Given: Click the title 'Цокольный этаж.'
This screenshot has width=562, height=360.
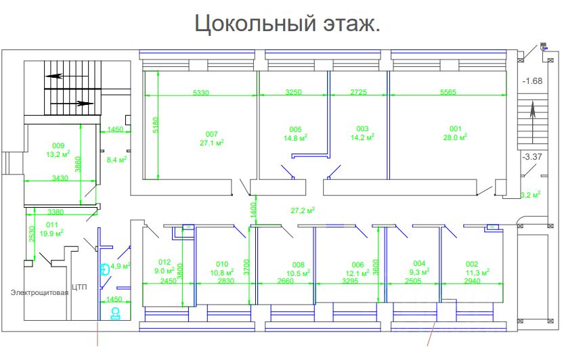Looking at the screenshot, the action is click(x=287, y=24).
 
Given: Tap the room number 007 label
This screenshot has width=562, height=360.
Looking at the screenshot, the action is click(x=212, y=134).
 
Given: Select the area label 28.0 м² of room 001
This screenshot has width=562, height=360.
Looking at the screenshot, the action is click(x=455, y=137).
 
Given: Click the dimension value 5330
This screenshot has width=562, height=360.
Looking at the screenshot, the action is click(x=201, y=92).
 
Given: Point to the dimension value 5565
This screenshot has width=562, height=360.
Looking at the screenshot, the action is click(x=449, y=92).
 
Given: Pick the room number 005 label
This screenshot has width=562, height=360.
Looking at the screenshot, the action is click(x=295, y=129).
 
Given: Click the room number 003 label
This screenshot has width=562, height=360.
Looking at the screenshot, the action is click(x=362, y=129).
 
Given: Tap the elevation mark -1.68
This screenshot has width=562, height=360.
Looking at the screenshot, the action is click(x=533, y=81).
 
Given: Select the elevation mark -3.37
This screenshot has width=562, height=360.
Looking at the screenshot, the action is click(x=532, y=158).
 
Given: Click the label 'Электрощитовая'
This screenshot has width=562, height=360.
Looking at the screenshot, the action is click(x=39, y=293).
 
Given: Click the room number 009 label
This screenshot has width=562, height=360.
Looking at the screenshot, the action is click(x=58, y=145).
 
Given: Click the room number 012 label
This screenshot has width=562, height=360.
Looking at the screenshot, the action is click(x=165, y=263).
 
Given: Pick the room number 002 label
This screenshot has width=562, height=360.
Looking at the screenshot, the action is click(x=472, y=264).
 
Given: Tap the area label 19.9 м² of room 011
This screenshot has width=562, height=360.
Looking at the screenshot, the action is click(x=52, y=233).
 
